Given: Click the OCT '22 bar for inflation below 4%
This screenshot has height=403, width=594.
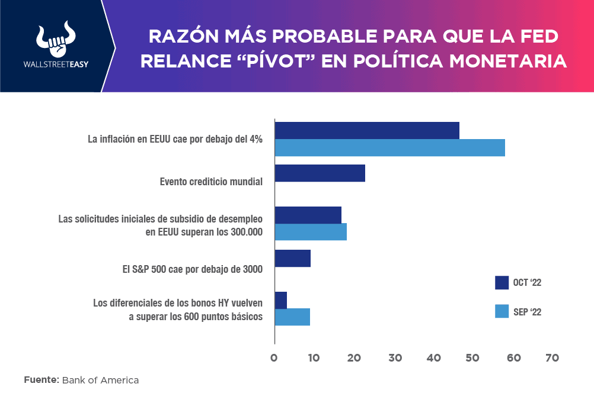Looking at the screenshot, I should (x=367, y=130).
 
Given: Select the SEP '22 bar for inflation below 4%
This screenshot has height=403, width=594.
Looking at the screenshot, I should (x=389, y=147).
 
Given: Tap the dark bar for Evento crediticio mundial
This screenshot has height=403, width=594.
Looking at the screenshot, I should (x=320, y=173).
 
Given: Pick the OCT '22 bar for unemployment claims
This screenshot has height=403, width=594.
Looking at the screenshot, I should (x=308, y=215).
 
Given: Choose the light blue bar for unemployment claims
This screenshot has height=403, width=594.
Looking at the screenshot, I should (x=311, y=232).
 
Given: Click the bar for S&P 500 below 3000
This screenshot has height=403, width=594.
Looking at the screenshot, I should (x=292, y=258).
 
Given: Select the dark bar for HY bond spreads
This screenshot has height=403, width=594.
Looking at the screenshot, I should (x=280, y=300).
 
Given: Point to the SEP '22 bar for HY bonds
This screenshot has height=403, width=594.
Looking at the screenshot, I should (x=292, y=317).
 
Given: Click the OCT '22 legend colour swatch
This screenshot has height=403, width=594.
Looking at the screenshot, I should (x=502, y=283).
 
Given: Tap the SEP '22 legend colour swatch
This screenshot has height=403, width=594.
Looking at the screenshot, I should (x=502, y=311).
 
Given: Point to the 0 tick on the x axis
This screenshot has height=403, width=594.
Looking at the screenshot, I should (x=274, y=358).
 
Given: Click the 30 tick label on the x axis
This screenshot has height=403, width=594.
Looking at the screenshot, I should (x=394, y=358).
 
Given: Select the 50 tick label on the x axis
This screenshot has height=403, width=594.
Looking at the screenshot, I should (x=473, y=358).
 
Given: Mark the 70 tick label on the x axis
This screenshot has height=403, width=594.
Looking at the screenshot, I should (x=552, y=358).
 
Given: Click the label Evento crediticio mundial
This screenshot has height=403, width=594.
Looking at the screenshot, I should (x=211, y=182).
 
